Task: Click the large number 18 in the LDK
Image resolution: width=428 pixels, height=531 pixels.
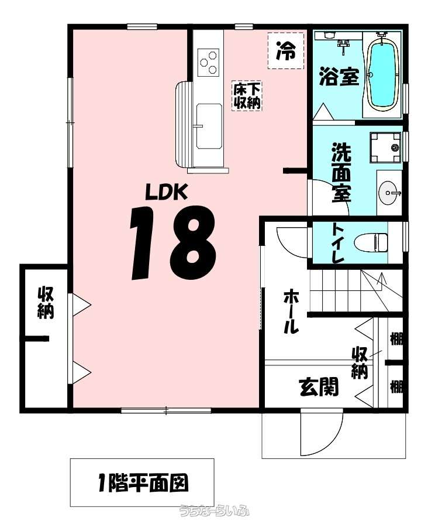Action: coord(173,242)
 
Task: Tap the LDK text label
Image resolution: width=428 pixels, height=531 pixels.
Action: coord(166,191)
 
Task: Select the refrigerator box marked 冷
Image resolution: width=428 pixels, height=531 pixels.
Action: coord(286,50)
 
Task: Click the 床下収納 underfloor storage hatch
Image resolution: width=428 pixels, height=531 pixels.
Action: coord(247,96)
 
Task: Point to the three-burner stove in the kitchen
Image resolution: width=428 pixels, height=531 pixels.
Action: coord(208,62)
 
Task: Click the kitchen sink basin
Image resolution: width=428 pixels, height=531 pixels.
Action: coord(209,126)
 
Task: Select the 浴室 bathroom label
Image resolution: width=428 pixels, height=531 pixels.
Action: coord(339,77)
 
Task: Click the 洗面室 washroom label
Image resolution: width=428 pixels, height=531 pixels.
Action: coord(341,172)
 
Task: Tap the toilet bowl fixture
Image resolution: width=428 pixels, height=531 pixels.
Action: coord(371,242)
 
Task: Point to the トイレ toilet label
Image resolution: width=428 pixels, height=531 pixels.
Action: coord(337,243)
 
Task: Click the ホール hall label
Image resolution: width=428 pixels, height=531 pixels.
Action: coord(291,311)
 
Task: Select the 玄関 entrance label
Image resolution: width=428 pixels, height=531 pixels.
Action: coord(319,387)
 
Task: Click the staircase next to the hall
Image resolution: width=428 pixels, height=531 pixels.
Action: coord(356,290)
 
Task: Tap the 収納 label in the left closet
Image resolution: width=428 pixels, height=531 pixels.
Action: coord(46,303)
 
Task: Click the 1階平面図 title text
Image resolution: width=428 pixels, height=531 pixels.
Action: coord(143,483)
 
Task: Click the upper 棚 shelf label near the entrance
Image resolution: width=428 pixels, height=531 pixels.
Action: coord(396,338)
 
